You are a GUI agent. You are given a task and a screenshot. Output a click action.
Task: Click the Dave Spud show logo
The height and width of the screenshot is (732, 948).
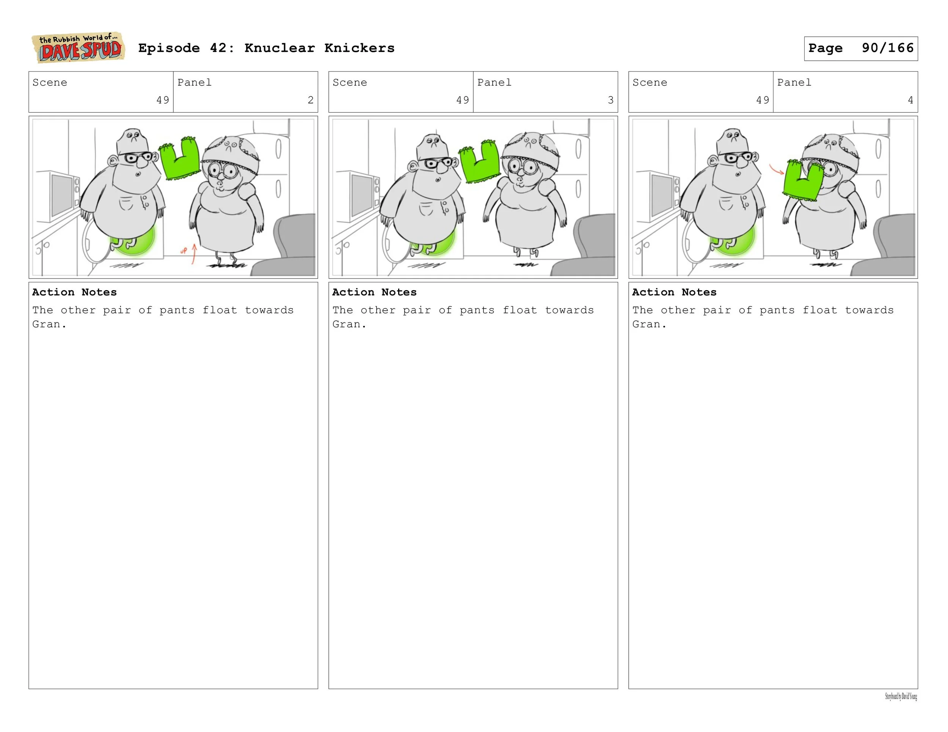[x=78, y=48]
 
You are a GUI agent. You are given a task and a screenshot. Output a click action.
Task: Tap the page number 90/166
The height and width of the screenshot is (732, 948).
[x=888, y=48]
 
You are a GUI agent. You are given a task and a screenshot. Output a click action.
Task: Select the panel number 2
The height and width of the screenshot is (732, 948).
[x=310, y=100]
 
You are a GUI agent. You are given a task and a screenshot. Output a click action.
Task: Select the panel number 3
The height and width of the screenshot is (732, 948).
[x=610, y=100]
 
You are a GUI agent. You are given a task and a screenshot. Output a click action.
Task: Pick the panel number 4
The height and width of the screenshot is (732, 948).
[x=910, y=100]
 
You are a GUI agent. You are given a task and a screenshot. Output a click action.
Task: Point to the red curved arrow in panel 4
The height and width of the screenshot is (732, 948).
[x=777, y=169]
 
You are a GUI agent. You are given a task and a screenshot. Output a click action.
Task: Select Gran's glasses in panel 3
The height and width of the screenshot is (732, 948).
[x=523, y=167]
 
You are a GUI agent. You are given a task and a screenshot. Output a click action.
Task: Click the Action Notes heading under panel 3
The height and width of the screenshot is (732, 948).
[x=374, y=292]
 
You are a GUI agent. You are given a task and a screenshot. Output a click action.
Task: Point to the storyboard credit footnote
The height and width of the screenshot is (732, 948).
[x=901, y=697]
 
